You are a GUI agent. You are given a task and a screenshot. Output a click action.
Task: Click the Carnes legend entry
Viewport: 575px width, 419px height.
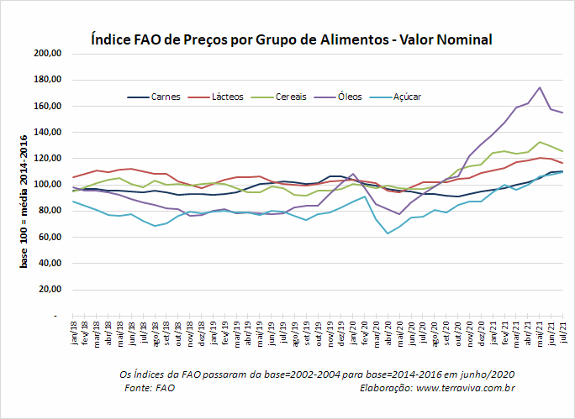tap(154, 97)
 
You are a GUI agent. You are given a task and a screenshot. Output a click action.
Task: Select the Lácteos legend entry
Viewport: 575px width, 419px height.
tap(215, 97)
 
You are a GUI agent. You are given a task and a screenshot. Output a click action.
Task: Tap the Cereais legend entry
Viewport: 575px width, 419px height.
tap(279, 97)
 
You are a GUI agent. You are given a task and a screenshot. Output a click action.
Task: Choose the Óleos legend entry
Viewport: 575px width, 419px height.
tap(338, 97)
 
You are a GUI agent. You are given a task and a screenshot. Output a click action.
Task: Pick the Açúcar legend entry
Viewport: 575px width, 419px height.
tap(395, 97)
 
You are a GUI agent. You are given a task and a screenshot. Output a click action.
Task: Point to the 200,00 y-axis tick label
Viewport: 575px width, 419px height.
tap(47, 54)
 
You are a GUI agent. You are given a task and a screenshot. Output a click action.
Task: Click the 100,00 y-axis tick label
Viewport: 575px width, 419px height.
tap(47, 185)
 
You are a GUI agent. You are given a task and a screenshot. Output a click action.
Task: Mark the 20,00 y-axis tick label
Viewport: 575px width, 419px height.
tap(50, 290)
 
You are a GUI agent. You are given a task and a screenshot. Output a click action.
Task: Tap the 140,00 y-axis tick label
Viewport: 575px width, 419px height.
tap(47, 132)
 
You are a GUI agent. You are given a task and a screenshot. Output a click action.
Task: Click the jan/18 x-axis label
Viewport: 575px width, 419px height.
tap(75, 333)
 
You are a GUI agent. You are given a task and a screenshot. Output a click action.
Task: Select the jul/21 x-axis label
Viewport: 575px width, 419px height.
tap(563, 333)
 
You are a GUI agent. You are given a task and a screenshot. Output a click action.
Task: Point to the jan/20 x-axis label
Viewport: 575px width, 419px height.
tap(354, 333)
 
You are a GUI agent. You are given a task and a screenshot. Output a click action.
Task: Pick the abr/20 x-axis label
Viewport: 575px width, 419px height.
tap(388, 333)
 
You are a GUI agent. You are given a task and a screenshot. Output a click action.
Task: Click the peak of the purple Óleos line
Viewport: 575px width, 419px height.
tap(540, 87)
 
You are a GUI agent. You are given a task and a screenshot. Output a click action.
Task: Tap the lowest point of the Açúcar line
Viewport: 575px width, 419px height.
tap(388, 233)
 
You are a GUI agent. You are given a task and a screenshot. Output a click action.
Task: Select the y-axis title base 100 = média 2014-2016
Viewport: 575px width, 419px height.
tap(24, 202)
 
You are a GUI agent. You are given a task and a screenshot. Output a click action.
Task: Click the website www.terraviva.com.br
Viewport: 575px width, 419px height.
tap(466, 388)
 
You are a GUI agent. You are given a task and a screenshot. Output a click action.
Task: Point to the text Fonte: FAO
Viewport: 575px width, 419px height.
tap(150, 388)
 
